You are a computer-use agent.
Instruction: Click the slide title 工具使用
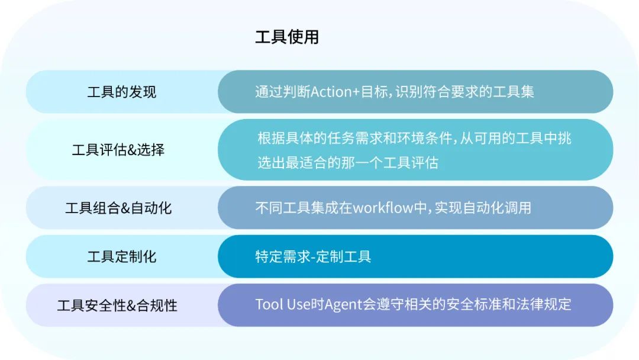pyautogui.click(x=287, y=37)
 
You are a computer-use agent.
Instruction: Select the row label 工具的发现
pyautogui.click(x=122, y=92)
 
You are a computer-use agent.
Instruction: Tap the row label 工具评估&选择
pyautogui.click(x=118, y=149)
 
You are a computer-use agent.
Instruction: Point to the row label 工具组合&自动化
pyautogui.click(x=118, y=208)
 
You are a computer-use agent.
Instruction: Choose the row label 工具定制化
pyautogui.click(x=122, y=256)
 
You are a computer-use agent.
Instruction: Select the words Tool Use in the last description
pyautogui.click(x=279, y=304)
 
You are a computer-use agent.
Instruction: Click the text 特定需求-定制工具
pyautogui.click(x=313, y=256)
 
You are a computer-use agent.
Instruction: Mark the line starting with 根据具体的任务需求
pyautogui.click(x=414, y=139)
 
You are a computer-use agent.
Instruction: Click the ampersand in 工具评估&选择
pyautogui.click(x=131, y=150)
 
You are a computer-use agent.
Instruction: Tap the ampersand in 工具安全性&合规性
pyautogui.click(x=131, y=306)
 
